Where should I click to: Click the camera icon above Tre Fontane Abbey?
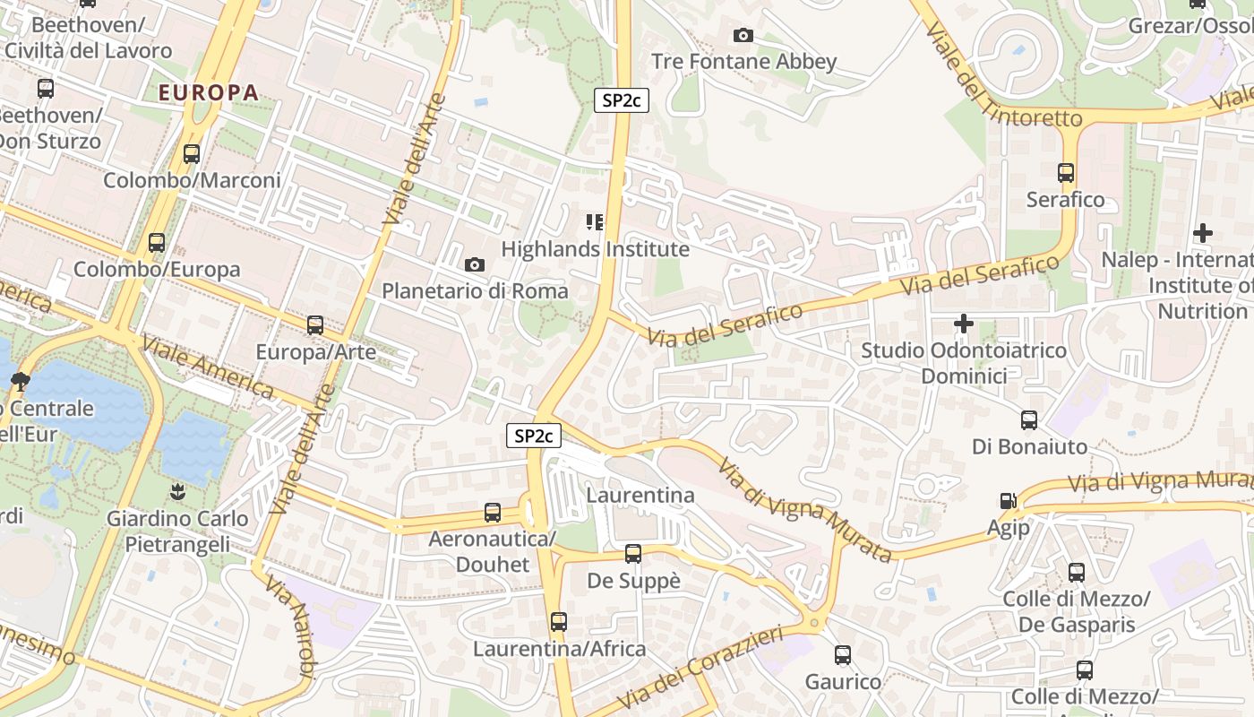pos(743,36)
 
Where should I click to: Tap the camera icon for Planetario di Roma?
pos(475,264)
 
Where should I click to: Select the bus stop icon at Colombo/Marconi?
pos(192,153)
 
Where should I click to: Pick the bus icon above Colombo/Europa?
pos(157,242)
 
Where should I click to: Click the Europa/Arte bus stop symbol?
pos(315,325)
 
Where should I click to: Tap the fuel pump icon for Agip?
pos(1009,501)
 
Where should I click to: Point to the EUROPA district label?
pos(209,92)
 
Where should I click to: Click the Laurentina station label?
pos(640,495)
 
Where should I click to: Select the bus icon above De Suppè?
pos(633,554)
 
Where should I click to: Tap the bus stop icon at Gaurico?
pos(843,655)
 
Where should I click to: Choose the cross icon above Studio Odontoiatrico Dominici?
pos(964,323)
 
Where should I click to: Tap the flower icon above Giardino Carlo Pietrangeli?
pos(176,491)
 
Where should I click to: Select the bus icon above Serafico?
pos(1066,172)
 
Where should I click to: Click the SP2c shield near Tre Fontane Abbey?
pos(622,100)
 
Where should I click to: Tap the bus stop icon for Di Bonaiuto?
pos(1029,419)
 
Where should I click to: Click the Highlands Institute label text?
pos(596,249)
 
